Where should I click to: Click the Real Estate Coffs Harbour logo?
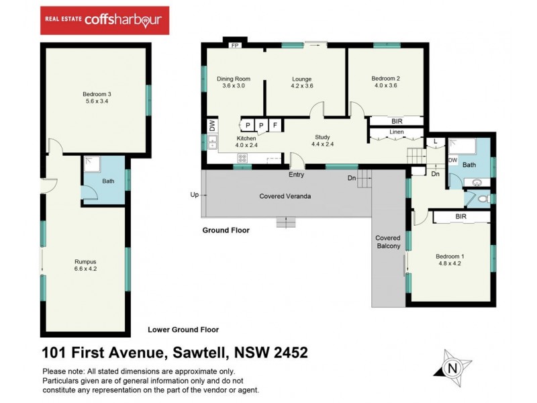pyautogui.click(x=105, y=20)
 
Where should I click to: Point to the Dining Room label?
pyautogui.click(x=233, y=82)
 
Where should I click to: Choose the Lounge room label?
pyautogui.click(x=301, y=82)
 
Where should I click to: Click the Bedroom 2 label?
pyautogui.click(x=385, y=82)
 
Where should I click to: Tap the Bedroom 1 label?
pyautogui.click(x=449, y=259)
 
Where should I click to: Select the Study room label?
pyautogui.click(x=323, y=140)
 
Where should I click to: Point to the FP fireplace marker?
pyautogui.click(x=235, y=46)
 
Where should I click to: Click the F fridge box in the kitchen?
pyautogui.click(x=275, y=125)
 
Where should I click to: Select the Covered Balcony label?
pyautogui.click(x=388, y=242)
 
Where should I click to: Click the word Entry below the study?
pyautogui.click(x=296, y=175)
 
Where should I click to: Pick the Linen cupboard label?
pyautogui.click(x=396, y=133)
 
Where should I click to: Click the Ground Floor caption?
pyautogui.click(x=226, y=230)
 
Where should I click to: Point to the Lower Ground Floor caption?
pyautogui.click(x=183, y=330)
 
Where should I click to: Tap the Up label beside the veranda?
pyautogui.click(x=195, y=195)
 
